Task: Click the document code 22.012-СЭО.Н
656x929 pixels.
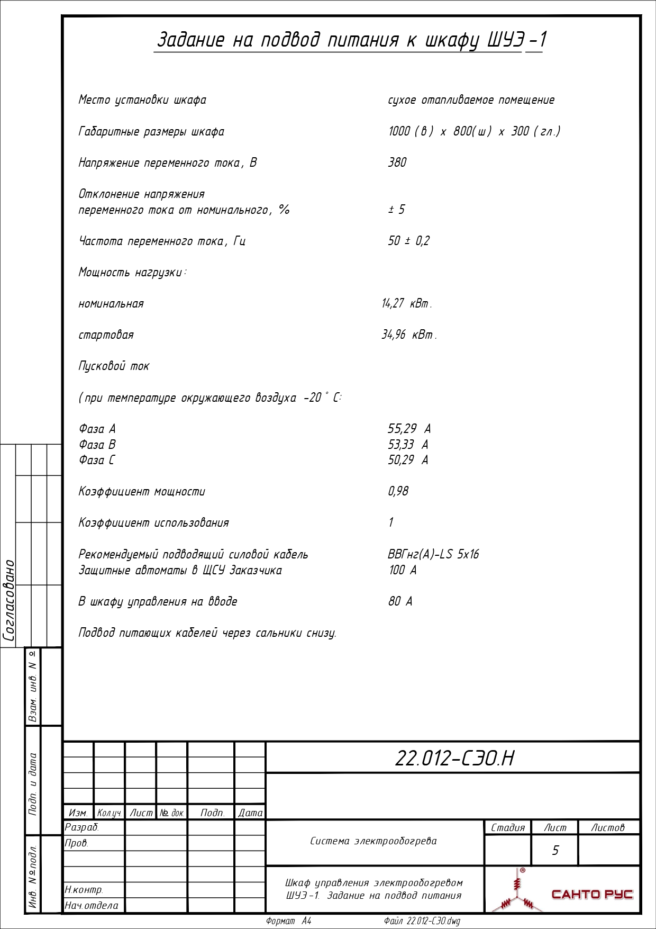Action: pos(454,758)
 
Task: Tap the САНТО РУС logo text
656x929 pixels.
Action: pos(592,894)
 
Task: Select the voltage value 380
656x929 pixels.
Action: pos(397,163)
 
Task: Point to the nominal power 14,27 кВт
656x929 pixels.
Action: pos(406,304)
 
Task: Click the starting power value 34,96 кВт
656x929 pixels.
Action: pos(409,335)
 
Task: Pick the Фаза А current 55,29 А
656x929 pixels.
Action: pos(409,429)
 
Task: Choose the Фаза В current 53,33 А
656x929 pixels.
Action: pos(407,445)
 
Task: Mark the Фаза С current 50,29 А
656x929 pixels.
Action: pos(407,460)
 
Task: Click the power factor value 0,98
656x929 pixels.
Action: pos(398,491)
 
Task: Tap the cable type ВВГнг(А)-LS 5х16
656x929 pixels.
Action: pos(433,554)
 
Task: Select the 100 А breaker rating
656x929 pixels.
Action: pos(402,570)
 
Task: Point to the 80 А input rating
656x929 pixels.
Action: pos(400,601)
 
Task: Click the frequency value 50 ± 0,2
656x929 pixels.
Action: pos(408,241)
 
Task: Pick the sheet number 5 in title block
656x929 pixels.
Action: pos(555,850)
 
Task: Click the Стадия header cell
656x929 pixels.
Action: pos(507,827)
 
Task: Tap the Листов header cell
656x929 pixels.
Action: pos(607,827)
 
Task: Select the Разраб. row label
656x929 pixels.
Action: pos(82,827)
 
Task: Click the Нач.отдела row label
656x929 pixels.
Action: pos(91,905)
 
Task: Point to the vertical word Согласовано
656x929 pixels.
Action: pos(9,600)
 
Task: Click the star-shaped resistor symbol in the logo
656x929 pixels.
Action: pos(517,895)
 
